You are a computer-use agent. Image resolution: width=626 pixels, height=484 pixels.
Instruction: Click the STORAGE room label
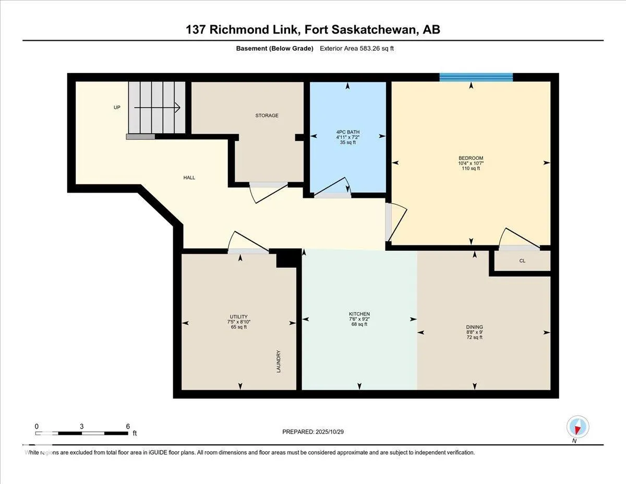tap(267, 115)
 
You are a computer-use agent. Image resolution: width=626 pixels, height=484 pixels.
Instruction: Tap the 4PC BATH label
tap(348, 132)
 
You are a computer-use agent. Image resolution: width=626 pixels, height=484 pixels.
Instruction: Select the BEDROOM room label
tap(471, 158)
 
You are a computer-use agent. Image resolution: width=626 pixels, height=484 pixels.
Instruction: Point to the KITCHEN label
tap(359, 314)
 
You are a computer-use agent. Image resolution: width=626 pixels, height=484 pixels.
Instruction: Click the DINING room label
tap(474, 327)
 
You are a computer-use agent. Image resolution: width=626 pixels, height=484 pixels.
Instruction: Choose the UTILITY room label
tap(238, 316)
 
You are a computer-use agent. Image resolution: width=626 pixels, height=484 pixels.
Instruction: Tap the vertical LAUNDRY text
tap(279, 361)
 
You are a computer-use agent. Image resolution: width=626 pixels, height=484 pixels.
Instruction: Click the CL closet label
tap(522, 261)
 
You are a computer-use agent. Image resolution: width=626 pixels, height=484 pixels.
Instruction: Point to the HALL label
tap(189, 178)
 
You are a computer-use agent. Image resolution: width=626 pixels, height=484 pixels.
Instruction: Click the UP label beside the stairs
tap(117, 108)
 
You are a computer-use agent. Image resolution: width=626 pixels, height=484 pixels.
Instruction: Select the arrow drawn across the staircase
tap(157, 108)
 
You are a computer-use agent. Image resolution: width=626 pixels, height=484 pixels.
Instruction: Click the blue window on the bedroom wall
tap(476, 77)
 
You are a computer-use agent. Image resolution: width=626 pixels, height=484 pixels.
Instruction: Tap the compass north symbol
tap(577, 427)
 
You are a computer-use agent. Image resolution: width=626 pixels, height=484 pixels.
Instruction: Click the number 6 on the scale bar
tap(128, 426)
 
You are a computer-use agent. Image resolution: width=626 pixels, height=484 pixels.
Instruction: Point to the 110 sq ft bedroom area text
tap(471, 168)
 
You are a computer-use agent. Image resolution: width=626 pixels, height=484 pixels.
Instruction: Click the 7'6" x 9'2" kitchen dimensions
tap(359, 319)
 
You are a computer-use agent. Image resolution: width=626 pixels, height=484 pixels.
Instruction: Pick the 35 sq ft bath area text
tap(347, 142)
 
